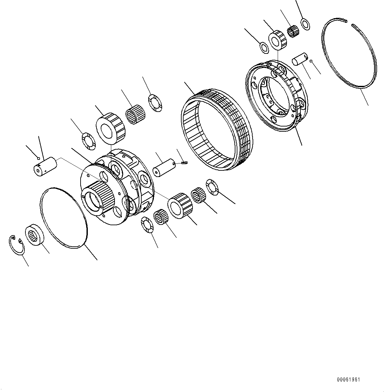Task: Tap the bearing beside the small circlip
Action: (34, 234)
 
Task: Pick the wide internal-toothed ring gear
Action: (216, 129)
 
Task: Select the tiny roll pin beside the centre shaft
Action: (185, 162)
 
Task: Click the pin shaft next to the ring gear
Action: (164, 168)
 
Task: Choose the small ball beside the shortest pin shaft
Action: (311, 60)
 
